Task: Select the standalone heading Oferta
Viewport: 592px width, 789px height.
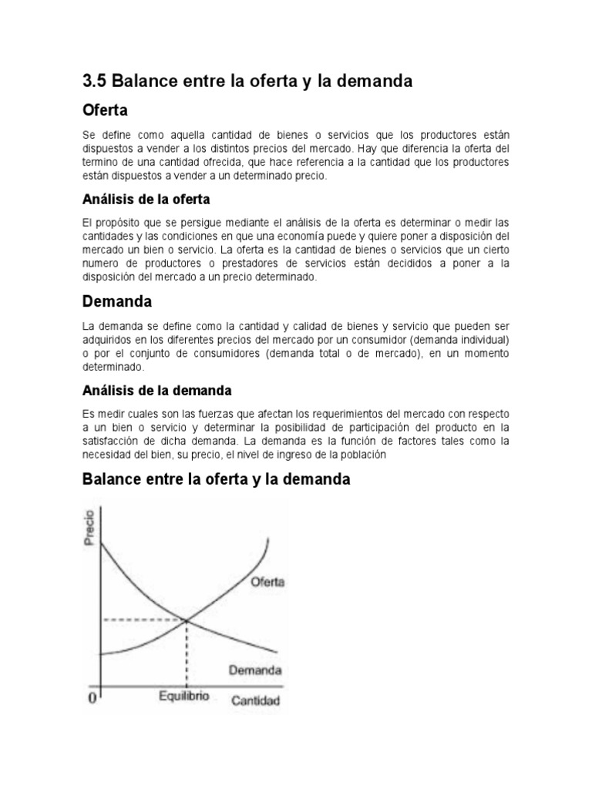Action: click(x=105, y=110)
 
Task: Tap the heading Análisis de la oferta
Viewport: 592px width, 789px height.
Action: click(x=146, y=200)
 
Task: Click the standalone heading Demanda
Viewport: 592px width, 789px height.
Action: click(x=117, y=300)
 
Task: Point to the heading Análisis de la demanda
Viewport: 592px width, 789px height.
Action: click(x=157, y=391)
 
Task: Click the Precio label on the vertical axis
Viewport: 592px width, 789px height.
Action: click(x=90, y=528)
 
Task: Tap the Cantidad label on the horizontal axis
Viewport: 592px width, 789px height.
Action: click(x=256, y=701)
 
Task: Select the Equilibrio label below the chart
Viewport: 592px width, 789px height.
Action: click(x=184, y=697)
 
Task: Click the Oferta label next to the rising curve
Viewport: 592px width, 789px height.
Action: click(x=267, y=583)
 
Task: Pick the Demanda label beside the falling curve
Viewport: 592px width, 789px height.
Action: click(x=254, y=670)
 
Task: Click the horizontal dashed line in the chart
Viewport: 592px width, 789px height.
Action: click(x=143, y=619)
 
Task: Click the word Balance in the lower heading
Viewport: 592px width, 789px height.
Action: click(x=113, y=479)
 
